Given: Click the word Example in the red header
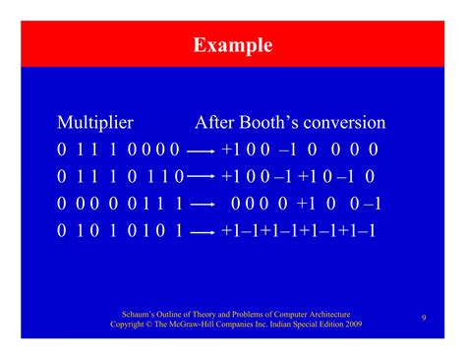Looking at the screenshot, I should (233, 45).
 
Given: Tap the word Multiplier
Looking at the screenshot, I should (95, 123).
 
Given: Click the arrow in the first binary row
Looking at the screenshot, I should (201, 150).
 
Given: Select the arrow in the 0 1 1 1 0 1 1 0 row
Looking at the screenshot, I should (201, 177).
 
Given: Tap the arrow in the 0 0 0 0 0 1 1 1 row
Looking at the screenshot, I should (201, 205).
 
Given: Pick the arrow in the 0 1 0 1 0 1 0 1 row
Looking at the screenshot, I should (201, 231).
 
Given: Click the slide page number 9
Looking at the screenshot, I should (423, 317).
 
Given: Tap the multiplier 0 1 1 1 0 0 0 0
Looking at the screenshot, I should (118, 150).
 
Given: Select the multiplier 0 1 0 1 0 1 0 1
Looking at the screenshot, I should (119, 231).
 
